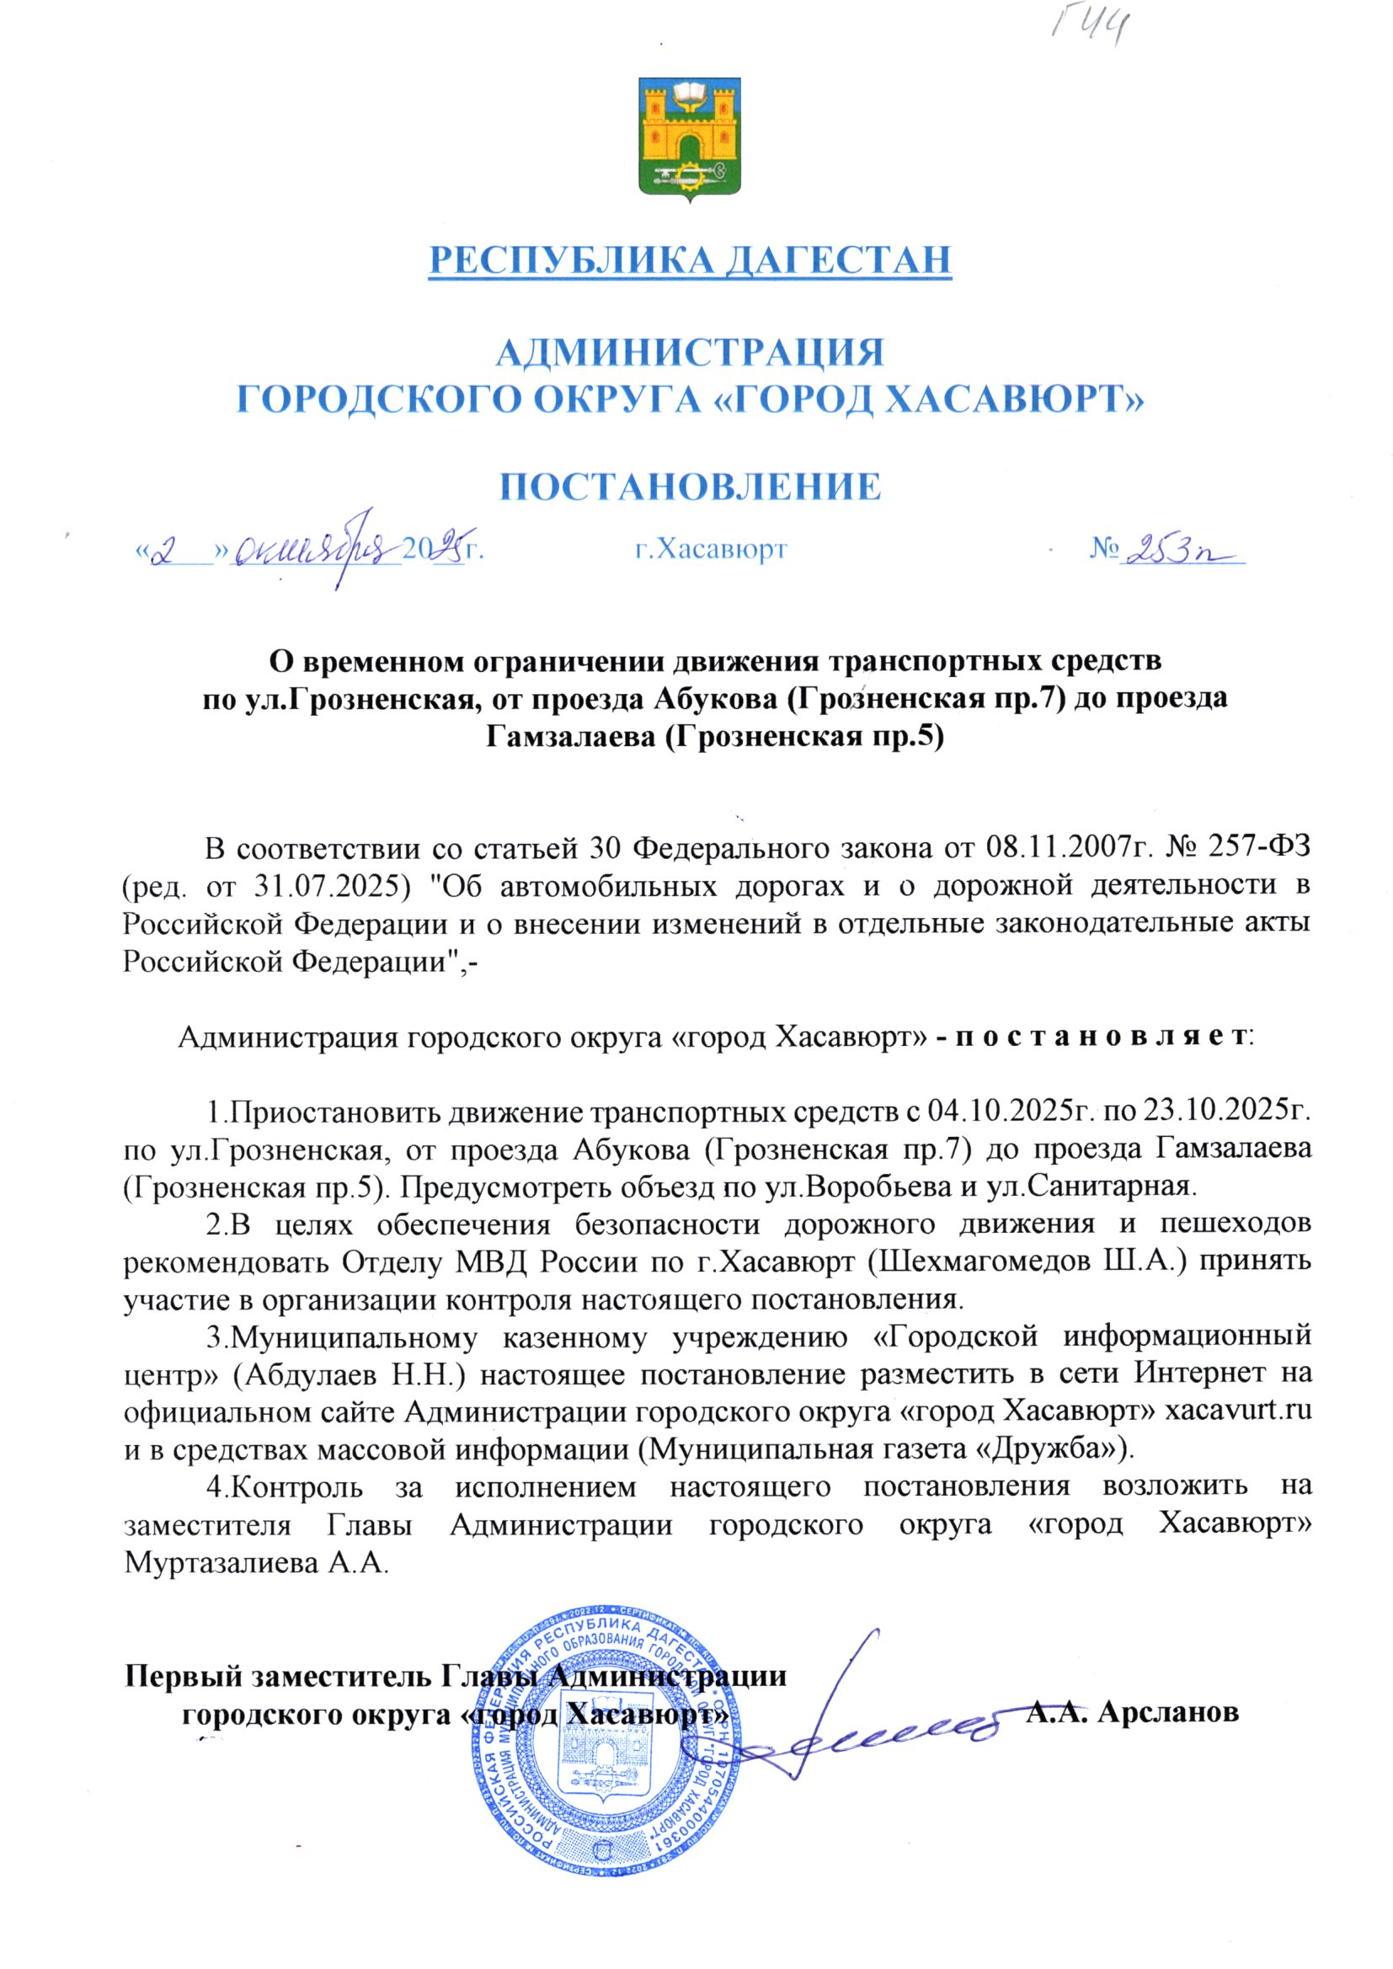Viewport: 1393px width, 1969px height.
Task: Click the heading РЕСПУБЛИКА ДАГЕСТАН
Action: [x=691, y=259]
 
